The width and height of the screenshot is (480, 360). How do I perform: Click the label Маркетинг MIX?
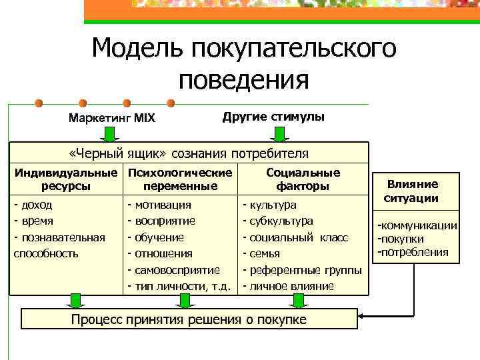(112, 119)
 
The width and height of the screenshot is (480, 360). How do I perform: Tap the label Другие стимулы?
(273, 117)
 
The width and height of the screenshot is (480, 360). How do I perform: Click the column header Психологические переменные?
(180, 179)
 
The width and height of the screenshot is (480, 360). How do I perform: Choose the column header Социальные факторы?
(303, 179)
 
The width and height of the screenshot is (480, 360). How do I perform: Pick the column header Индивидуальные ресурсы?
(66, 179)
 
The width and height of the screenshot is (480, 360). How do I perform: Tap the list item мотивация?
(163, 205)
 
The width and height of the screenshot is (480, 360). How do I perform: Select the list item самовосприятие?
(177, 270)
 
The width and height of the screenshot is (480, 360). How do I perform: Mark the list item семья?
(265, 253)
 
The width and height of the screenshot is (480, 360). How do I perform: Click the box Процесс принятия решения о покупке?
(189, 319)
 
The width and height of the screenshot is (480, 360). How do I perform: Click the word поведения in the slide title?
(243, 81)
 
